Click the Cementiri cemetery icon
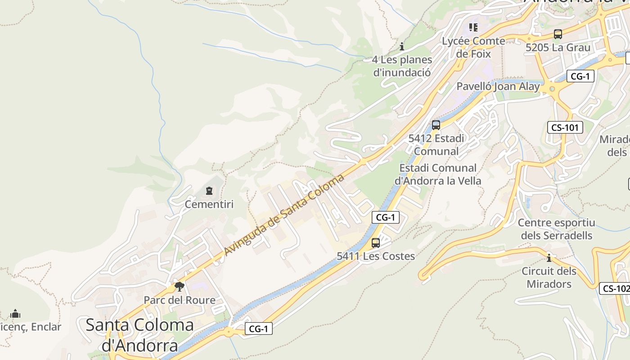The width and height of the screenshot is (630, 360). pos(209,191)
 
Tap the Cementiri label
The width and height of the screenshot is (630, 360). pos(209,204)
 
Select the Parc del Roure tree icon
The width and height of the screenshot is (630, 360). pos(179,287)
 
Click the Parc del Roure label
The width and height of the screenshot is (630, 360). pos(179,300)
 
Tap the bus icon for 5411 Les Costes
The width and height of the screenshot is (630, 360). pos(376,243)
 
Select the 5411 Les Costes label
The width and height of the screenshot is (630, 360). pos(376,256)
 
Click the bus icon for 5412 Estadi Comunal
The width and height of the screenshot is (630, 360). pos(436,125)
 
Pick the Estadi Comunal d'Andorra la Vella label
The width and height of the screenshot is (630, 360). pos(438,174)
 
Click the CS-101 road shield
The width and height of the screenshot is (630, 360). pos(565,127)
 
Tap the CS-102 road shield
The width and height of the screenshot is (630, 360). pos(616,288)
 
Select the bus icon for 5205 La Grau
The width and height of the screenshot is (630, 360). pos(558,34)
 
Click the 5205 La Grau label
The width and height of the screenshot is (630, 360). pos(558,47)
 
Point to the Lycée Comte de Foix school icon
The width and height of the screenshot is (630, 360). pos(473,27)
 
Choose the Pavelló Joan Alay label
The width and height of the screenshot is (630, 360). pos(498,86)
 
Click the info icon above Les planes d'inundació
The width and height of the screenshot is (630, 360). pos(402,46)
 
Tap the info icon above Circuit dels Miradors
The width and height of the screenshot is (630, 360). pos(549,258)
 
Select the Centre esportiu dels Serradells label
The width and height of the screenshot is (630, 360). pos(556,229)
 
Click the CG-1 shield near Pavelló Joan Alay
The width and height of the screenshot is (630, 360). pos(580,76)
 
